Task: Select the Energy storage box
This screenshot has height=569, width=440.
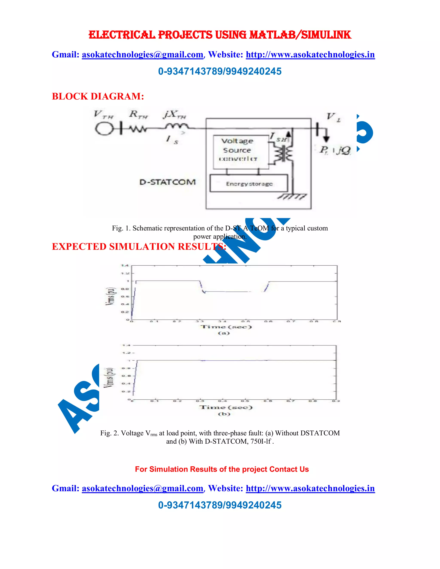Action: click(x=249, y=184)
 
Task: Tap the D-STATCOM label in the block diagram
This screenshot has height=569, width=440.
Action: click(x=167, y=182)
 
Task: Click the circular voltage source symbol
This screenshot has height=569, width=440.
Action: click(x=104, y=129)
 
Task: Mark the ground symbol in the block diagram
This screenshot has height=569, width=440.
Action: click(x=292, y=197)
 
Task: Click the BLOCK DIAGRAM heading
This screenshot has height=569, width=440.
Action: click(x=98, y=96)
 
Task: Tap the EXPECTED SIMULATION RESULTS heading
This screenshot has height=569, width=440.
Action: click(x=139, y=246)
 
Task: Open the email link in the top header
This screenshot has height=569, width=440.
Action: click(x=142, y=55)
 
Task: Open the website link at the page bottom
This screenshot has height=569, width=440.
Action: click(x=310, y=488)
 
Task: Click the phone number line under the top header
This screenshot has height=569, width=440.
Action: click(x=220, y=71)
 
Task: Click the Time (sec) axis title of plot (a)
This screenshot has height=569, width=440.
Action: click(x=226, y=327)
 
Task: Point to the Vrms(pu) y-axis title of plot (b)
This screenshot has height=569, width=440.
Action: click(x=109, y=378)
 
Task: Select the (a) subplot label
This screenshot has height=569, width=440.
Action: click(x=224, y=333)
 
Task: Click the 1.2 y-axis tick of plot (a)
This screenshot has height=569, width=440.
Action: click(x=125, y=273)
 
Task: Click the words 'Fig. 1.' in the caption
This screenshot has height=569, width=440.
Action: click(x=121, y=228)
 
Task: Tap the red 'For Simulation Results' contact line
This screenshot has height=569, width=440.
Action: click(x=222, y=469)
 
